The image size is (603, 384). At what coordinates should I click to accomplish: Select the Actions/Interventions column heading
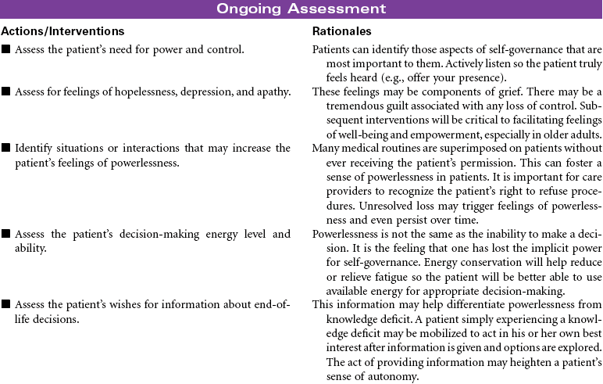63,31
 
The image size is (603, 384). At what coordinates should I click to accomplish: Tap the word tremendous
351,106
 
